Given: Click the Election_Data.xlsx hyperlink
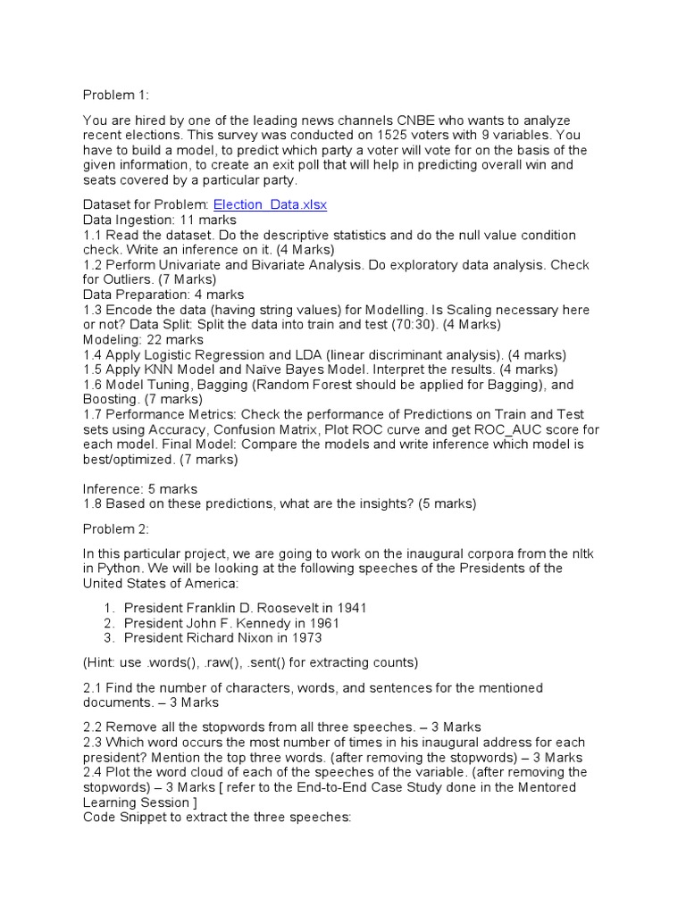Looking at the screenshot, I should pos(269,204).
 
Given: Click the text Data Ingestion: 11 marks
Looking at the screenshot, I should pos(160,220).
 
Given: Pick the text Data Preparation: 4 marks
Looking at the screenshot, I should pos(163,295).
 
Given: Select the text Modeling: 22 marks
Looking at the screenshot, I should pos(143,340).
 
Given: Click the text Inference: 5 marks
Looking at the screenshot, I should pos(140,488).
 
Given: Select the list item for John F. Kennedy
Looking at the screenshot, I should pos(232,623).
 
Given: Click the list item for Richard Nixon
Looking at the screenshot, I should pos(223,638).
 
